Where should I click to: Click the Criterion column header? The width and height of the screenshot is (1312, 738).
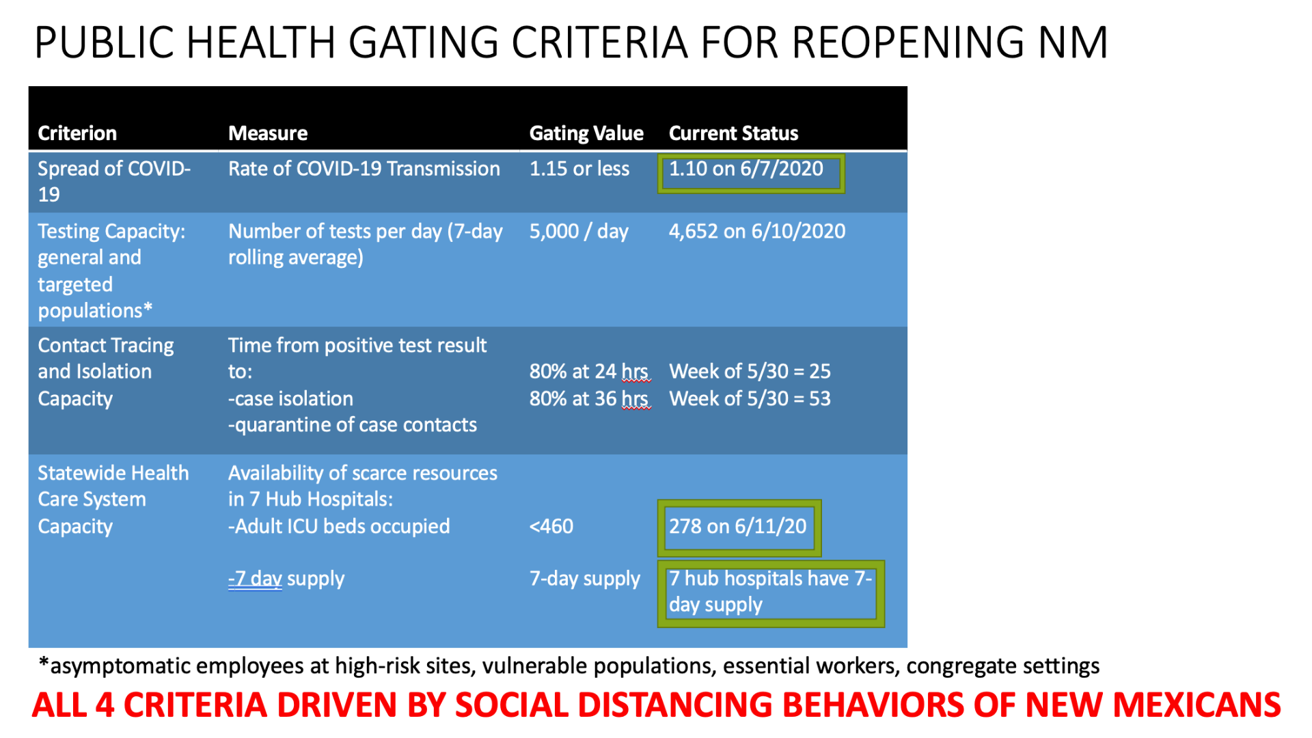77,133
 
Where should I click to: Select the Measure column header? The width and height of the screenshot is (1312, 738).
268,133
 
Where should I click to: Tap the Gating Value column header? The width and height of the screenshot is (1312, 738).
586,133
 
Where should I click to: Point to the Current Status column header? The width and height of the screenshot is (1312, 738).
733,133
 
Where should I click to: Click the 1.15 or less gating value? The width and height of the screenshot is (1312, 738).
579,169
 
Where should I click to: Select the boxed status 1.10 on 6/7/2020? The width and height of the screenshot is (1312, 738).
746,169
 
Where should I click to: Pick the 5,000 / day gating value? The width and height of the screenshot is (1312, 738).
579,232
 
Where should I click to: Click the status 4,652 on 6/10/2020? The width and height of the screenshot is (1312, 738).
757,232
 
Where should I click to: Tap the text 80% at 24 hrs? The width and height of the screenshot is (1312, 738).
589,372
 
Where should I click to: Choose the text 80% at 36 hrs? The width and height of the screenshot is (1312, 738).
589,399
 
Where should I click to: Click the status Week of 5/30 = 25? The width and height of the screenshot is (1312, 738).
750,372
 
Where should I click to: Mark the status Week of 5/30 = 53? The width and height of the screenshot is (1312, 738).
750,399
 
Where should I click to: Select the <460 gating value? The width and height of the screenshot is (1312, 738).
551,527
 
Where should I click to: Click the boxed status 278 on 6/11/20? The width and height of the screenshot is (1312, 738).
738,527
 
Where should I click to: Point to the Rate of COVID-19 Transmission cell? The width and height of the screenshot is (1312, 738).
364,169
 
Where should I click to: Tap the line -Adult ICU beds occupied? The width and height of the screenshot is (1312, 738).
339,527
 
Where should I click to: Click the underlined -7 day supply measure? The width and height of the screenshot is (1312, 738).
286,579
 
